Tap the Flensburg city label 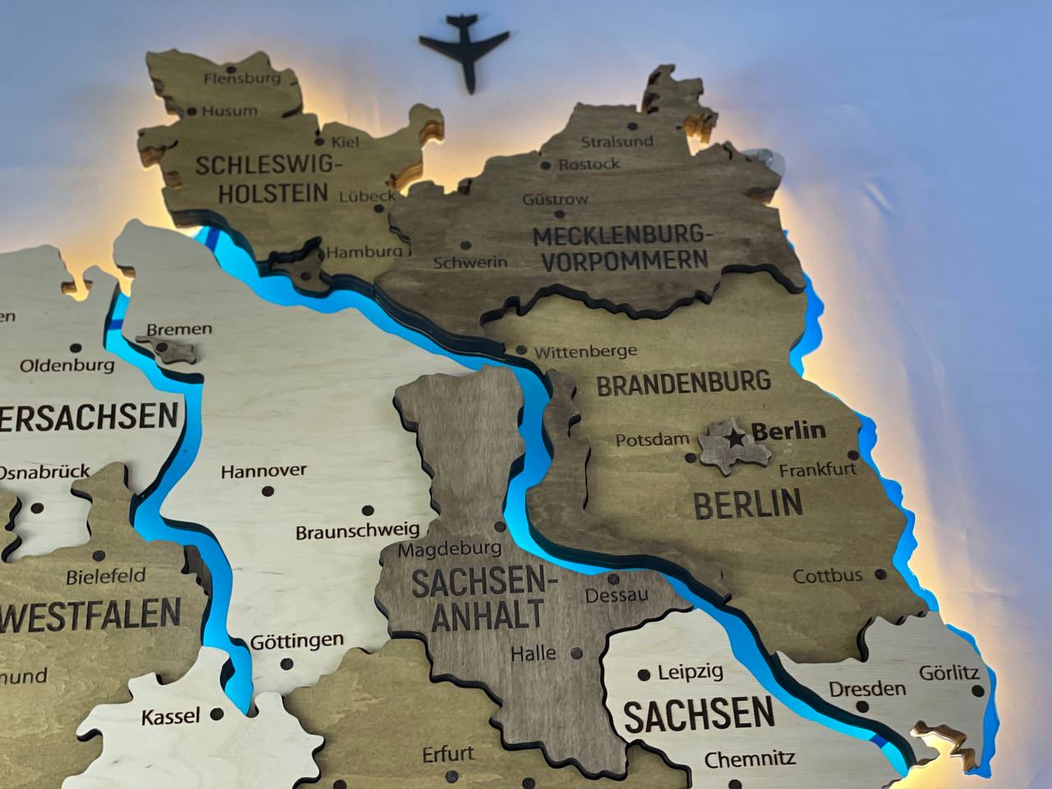tap(242, 79)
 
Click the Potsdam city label tap(653, 440)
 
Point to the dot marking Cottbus tap(881, 574)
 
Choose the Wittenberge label tap(585, 352)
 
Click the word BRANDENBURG tap(683, 383)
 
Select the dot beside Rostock tap(546, 165)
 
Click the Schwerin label tap(470, 263)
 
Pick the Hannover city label tap(263, 471)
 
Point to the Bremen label tap(179, 329)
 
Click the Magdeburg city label tap(450, 548)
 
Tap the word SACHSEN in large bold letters tap(699, 716)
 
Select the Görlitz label tap(949, 672)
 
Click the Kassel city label tap(171, 717)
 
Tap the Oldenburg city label tap(67, 365)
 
